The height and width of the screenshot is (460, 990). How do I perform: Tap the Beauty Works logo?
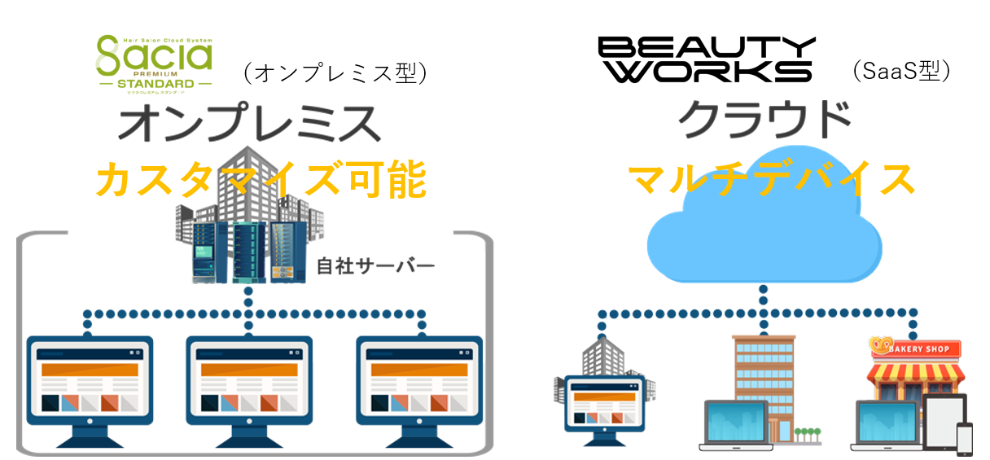point(706,59)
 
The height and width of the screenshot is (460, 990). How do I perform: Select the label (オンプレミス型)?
point(334,73)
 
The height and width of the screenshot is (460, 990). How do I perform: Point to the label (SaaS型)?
point(901,71)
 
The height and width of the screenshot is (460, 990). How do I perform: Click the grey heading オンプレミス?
point(249,124)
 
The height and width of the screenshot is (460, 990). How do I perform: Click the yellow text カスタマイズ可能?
point(261,180)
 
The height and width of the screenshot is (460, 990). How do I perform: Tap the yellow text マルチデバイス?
point(772,178)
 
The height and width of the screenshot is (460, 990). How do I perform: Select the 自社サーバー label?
point(375,265)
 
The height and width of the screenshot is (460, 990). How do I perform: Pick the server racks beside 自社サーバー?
point(243,252)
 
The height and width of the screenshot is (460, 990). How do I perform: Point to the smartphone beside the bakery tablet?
point(964,439)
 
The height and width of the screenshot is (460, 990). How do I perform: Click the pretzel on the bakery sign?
point(881,346)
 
